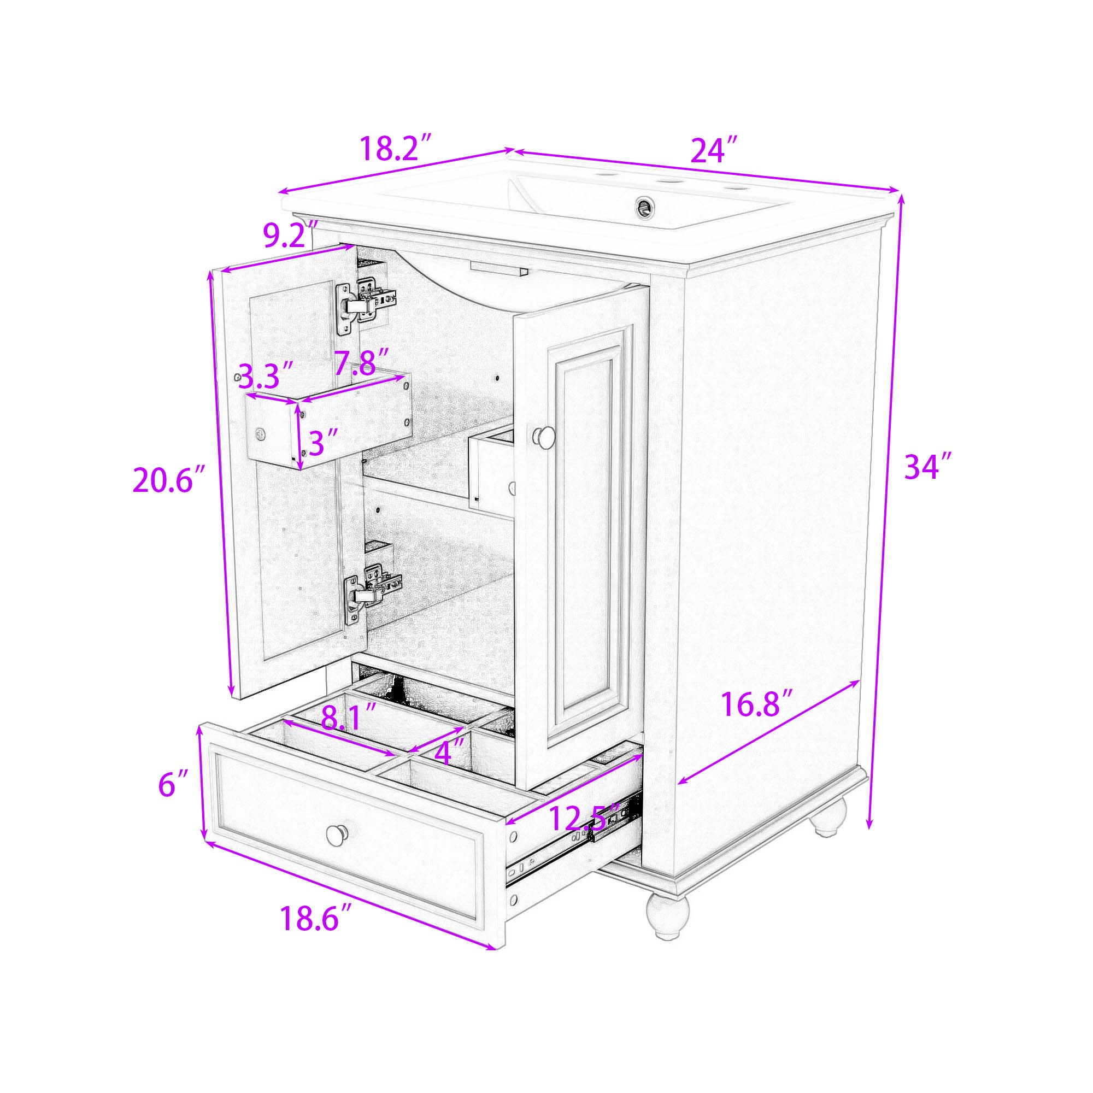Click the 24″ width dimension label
coord(714,150)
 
